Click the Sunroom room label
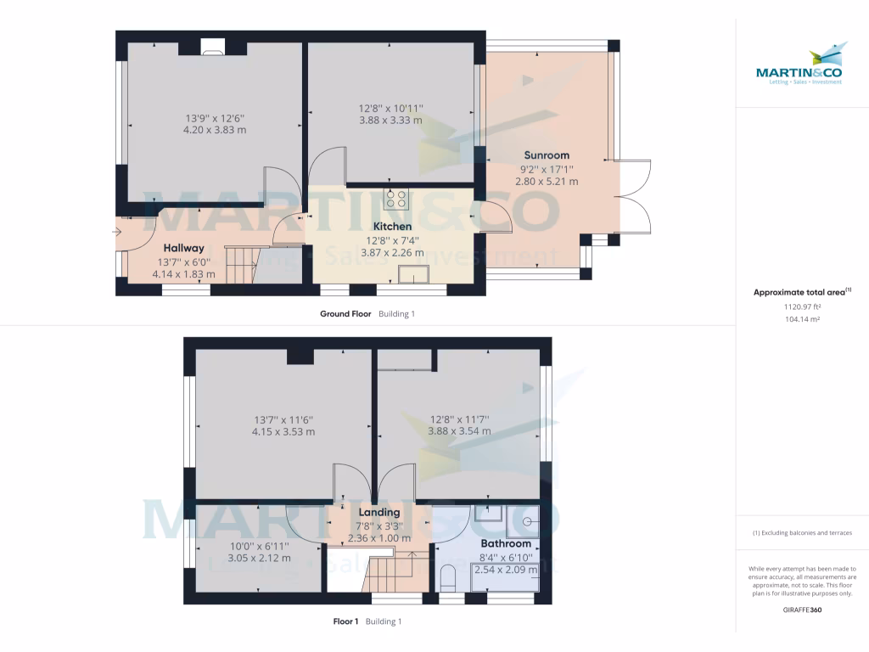coord(546,155)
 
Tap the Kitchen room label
coord(393,227)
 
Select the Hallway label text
coord(184,248)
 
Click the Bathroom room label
coord(506,543)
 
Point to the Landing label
coord(379,513)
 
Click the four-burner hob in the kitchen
coord(396,199)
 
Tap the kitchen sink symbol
coord(415,274)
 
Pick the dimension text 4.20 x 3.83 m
coord(215,131)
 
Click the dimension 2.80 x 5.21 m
coord(550,182)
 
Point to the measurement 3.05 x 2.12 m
coord(260,559)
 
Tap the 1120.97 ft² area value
coord(802,306)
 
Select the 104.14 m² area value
coord(802,319)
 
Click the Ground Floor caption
coord(345,313)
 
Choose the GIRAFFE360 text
coord(802,610)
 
